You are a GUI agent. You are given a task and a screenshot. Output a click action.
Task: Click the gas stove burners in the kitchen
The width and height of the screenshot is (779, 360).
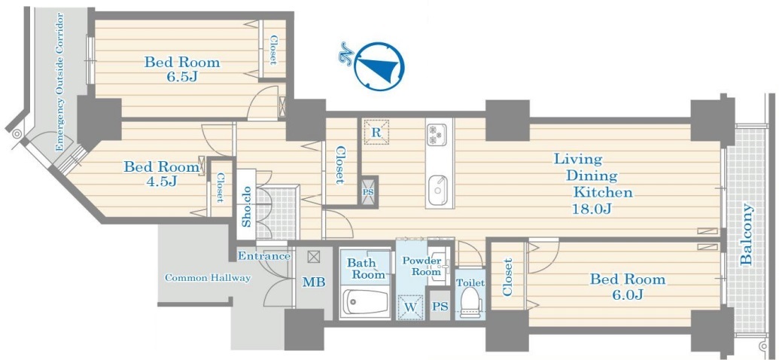click(x=437, y=134)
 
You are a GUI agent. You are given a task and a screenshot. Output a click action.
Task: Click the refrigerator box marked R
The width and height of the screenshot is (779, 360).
click(x=376, y=133)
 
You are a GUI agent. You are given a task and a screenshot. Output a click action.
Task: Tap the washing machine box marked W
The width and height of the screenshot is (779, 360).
click(x=409, y=307)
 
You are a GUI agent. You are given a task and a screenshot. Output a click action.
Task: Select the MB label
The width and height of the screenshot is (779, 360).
click(x=314, y=282)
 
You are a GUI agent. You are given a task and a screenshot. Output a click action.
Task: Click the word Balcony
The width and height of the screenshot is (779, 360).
click(x=746, y=234)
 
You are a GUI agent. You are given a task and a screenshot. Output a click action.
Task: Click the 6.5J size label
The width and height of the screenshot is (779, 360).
click(x=182, y=78)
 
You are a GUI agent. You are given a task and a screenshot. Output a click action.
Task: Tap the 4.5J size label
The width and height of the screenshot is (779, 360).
click(x=162, y=182)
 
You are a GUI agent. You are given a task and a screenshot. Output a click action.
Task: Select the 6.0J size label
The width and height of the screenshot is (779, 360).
click(x=628, y=294)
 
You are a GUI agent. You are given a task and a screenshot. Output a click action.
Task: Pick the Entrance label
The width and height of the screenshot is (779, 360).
click(x=264, y=257)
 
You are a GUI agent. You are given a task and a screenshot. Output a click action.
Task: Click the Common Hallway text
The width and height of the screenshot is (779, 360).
click(x=208, y=278)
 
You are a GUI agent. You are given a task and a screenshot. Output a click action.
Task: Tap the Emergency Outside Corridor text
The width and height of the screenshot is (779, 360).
click(x=60, y=83)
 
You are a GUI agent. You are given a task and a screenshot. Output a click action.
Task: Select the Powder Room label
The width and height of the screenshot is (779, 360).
click(x=421, y=267)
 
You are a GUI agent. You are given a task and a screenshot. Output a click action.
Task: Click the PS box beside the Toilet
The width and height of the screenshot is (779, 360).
click(x=440, y=307)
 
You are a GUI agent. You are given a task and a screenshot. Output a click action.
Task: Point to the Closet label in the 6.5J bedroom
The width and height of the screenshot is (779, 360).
click(x=272, y=50)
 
